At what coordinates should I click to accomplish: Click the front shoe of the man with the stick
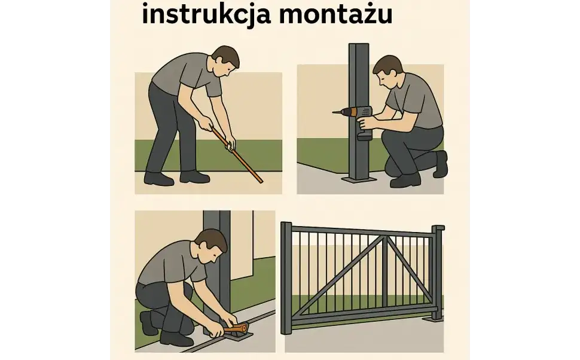[194, 177]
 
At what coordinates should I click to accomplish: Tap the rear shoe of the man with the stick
[158, 178]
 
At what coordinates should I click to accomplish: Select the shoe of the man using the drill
[405, 180]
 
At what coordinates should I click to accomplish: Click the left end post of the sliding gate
[286, 278]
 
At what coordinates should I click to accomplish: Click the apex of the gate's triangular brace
[386, 237]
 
